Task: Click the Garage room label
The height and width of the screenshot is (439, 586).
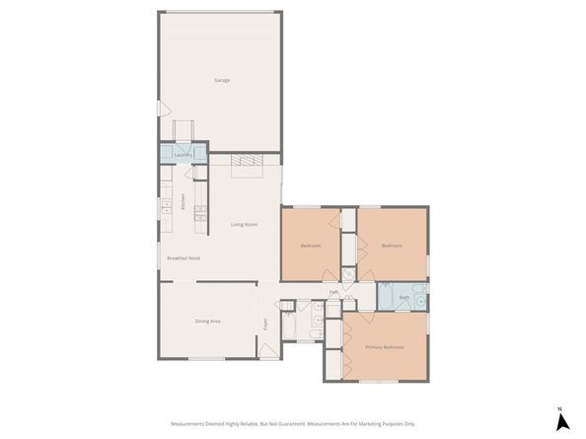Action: pos(222,80)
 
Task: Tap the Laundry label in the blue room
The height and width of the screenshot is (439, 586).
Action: pos(182,155)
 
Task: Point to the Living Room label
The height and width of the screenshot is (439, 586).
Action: pos(245,225)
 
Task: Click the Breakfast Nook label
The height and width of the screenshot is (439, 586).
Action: pos(184,257)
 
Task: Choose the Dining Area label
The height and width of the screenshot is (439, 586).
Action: pos(207,321)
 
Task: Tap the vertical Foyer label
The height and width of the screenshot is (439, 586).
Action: pos(264,323)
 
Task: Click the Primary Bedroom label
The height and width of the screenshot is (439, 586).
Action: pos(386,347)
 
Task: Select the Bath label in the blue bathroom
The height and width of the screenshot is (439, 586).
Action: pos(403,296)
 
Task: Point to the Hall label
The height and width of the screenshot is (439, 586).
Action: pos(334,292)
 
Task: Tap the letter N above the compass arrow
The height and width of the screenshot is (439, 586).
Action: pos(559,408)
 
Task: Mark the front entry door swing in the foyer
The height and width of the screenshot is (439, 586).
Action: pos(267,350)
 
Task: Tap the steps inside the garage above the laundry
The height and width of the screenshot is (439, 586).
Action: pos(183,130)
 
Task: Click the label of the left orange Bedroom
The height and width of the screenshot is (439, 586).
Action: pos(310,246)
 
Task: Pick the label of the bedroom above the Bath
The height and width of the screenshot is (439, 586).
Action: pos(392,246)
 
